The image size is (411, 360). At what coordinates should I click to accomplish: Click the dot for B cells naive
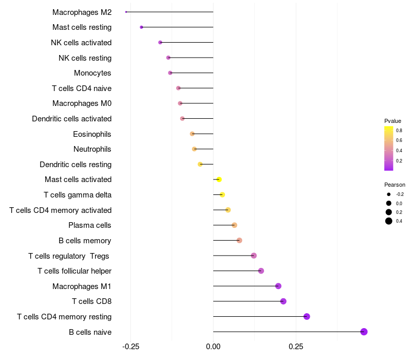pyautogui.click(x=364, y=332)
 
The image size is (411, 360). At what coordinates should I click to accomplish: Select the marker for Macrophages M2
pyautogui.click(x=126, y=12)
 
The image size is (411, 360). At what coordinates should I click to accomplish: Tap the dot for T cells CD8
pyautogui.click(x=283, y=301)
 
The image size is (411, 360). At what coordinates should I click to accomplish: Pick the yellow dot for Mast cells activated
pyautogui.click(x=219, y=179)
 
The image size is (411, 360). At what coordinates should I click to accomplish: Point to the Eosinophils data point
pyautogui.click(x=192, y=134)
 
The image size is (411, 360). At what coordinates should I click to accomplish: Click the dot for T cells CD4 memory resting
pyautogui.click(x=307, y=316)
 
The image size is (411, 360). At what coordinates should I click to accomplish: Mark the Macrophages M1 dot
pyautogui.click(x=278, y=286)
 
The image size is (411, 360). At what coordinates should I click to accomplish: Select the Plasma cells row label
pyautogui.click(x=89, y=225)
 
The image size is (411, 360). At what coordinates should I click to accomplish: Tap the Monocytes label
pyautogui.click(x=92, y=73)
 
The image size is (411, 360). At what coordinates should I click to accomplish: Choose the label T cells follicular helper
pyautogui.click(x=74, y=271)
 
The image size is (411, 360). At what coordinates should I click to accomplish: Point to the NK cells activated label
pyautogui.click(x=81, y=42)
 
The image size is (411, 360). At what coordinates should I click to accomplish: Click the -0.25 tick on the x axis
pyautogui.click(x=130, y=348)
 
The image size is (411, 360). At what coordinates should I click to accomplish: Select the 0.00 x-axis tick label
pyautogui.click(x=213, y=348)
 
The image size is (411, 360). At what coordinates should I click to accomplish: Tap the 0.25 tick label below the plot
pyautogui.click(x=296, y=348)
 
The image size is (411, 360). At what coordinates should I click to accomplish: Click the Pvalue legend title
pyautogui.click(x=393, y=121)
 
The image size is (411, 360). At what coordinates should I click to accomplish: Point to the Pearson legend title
pyautogui.click(x=395, y=185)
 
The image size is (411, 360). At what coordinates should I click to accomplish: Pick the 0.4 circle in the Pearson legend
pyautogui.click(x=389, y=221)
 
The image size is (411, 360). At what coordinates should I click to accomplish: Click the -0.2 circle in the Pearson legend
pyautogui.click(x=389, y=194)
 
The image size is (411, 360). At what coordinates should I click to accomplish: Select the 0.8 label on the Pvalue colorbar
pyautogui.click(x=399, y=130)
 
